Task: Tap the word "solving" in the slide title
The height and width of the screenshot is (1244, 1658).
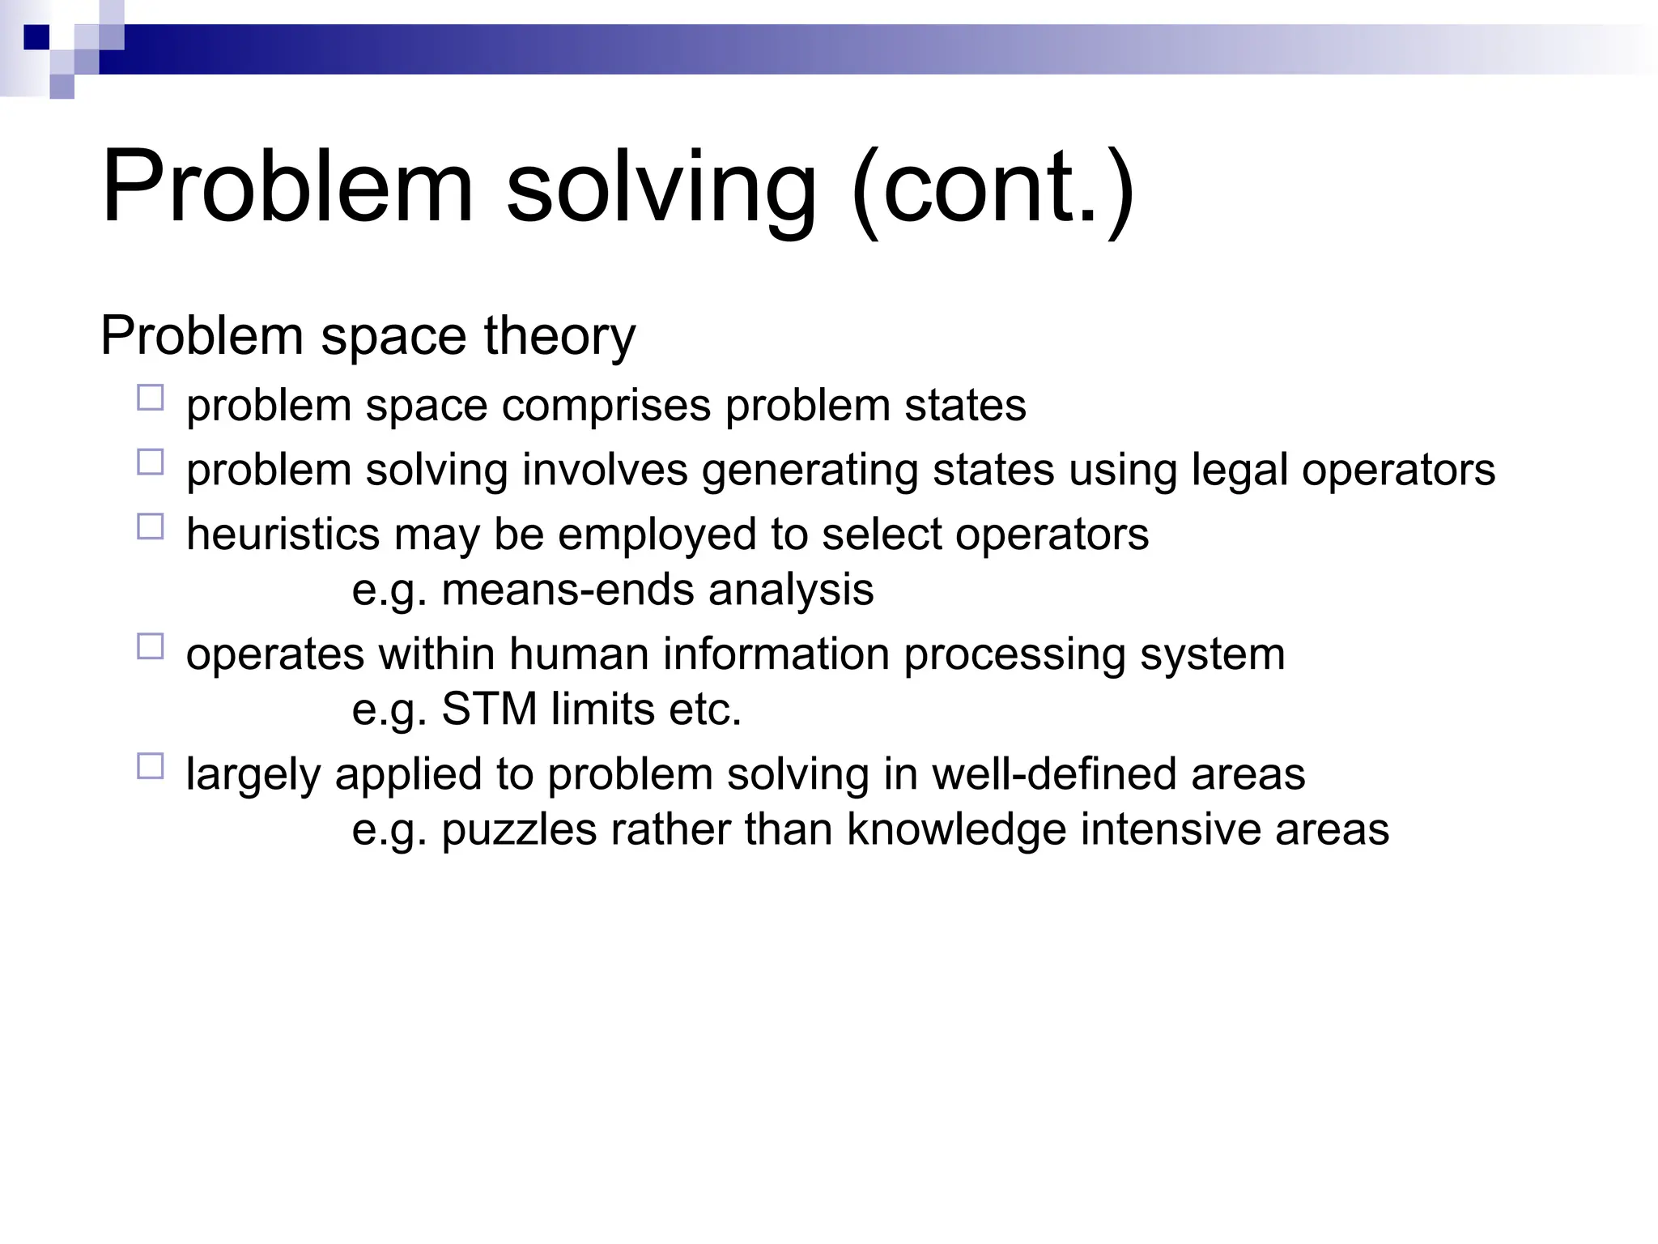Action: tap(661, 188)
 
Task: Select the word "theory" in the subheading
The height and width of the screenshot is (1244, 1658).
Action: tap(559, 335)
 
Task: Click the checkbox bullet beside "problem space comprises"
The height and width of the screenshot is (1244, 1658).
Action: tap(151, 398)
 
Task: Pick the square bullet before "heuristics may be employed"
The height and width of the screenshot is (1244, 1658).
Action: tap(151, 527)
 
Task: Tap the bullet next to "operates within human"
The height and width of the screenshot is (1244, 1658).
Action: tap(151, 646)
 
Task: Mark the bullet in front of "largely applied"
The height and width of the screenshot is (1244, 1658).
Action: tap(151, 766)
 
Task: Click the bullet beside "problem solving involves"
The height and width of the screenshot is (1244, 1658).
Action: tap(151, 462)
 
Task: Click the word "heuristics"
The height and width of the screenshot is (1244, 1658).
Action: tap(283, 535)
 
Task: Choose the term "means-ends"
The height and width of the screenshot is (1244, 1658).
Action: tap(568, 590)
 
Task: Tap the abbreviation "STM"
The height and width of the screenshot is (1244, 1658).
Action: tap(489, 709)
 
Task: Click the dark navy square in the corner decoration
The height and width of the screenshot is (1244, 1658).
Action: tap(36, 37)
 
